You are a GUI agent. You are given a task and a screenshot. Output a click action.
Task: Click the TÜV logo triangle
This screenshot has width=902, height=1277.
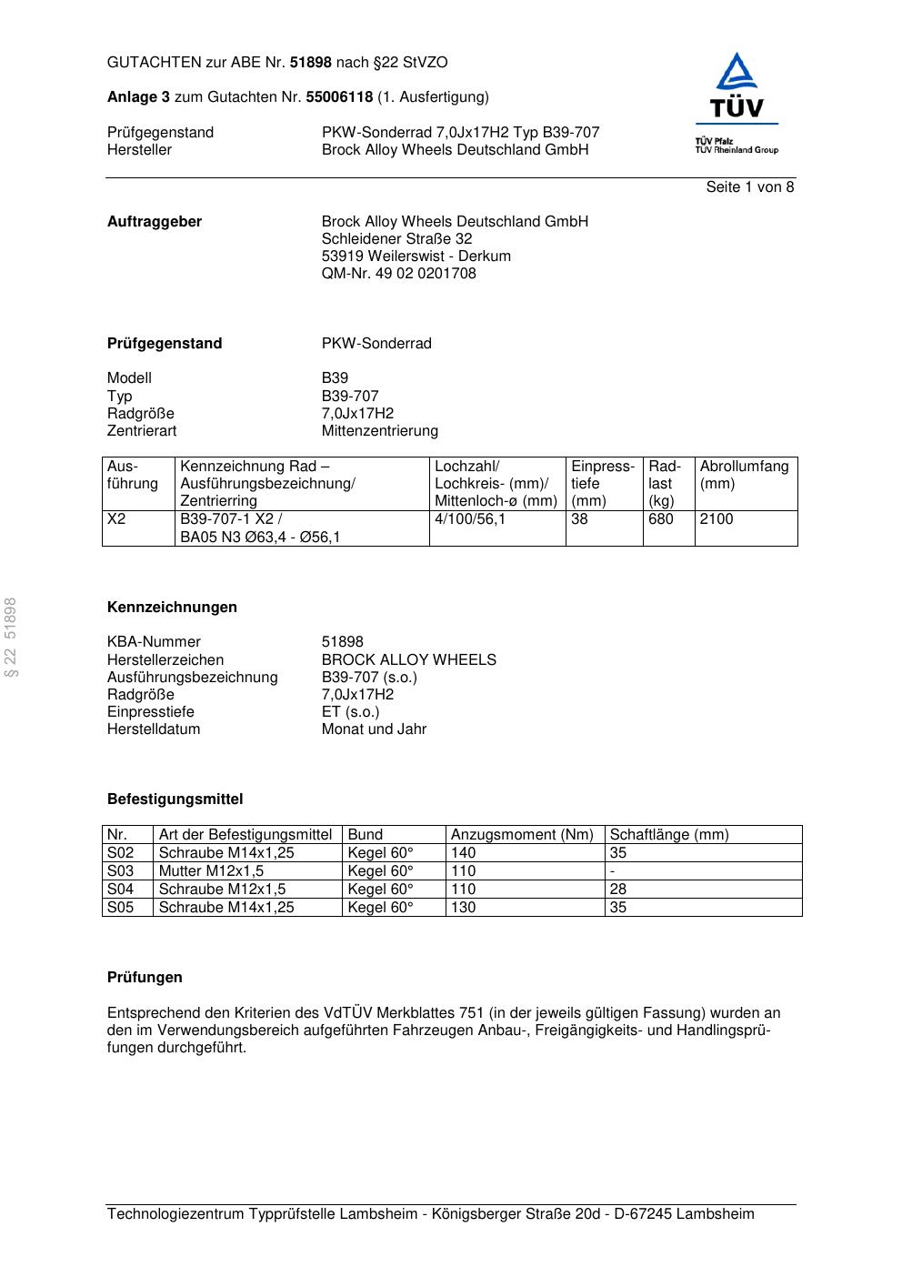736,72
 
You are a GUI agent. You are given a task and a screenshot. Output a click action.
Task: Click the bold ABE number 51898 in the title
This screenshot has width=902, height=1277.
311,63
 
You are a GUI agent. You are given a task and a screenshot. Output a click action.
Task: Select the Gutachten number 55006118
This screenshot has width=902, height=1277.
339,97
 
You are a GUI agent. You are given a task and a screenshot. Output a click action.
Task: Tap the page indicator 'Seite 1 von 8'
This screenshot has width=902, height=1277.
749,187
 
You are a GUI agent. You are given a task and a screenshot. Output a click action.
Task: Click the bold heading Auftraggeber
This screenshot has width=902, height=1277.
155,222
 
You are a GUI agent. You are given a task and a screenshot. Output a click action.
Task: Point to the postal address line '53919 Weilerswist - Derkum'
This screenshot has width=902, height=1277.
416,256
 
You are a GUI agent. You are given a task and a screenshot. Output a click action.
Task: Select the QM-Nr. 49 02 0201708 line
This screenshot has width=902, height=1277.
398,274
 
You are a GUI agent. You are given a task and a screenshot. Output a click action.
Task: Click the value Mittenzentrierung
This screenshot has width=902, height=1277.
379,431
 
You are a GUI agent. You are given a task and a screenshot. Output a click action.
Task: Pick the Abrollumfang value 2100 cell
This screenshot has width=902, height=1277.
717,519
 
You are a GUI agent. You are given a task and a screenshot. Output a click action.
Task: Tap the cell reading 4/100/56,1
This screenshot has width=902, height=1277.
470,519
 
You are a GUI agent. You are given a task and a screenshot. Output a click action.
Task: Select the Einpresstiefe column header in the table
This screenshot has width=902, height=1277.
603,484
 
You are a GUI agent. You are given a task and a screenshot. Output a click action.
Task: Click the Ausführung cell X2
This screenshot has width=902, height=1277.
116,519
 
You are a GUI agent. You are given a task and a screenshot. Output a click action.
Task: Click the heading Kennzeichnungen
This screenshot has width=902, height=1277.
172,608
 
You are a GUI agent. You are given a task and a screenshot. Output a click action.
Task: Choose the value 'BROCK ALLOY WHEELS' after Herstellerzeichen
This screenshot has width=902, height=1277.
408,660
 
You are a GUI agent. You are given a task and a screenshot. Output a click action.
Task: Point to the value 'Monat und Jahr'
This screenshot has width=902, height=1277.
374,729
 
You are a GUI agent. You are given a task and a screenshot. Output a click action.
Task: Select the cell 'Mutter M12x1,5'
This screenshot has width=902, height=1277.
211,871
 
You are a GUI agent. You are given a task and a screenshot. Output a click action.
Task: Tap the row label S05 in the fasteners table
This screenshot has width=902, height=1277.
120,908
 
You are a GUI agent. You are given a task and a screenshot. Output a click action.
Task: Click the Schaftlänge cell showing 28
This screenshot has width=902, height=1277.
617,890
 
